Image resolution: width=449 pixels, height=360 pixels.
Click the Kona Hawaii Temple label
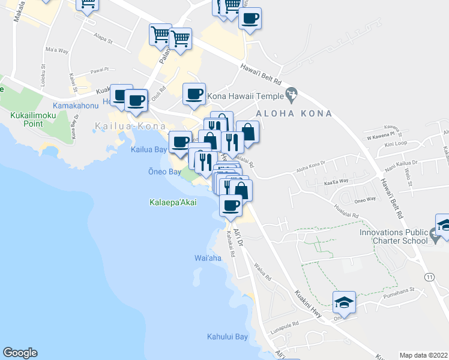[245, 95]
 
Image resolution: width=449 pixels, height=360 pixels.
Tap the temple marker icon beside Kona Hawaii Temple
[292, 94]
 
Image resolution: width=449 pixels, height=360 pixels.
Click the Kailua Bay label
[149, 150]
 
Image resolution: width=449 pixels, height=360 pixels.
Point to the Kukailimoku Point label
[25, 119]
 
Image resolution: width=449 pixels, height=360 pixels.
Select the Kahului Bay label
[228, 337]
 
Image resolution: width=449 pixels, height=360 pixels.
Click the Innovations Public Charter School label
[394, 236]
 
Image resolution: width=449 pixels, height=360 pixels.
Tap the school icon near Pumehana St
[344, 302]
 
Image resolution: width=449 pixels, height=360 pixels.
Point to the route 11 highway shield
[429, 277]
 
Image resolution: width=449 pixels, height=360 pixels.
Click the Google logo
[20, 353]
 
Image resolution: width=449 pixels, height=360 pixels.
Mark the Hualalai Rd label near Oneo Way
[347, 214]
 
